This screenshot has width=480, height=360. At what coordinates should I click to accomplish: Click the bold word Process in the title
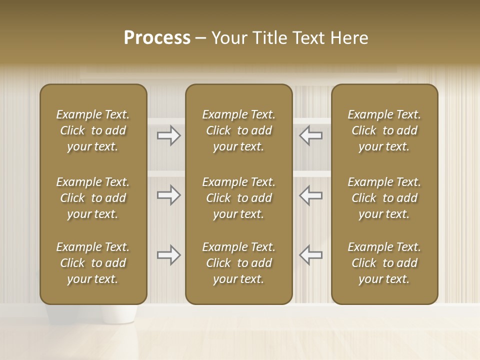[x=157, y=37]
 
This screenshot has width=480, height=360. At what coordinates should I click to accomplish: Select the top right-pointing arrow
[x=169, y=135]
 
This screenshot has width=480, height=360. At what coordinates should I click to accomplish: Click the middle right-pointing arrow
[x=169, y=195]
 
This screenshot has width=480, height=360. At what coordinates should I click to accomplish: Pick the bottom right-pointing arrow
[x=169, y=255]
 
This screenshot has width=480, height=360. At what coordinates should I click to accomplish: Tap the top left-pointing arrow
[x=310, y=135]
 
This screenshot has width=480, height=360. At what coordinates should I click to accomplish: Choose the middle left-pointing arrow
[x=310, y=195]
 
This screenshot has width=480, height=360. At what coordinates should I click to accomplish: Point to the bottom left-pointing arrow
[x=310, y=255]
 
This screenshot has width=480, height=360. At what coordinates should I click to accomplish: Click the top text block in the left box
[x=93, y=130]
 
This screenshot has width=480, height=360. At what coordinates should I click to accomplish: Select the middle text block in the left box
[x=93, y=198]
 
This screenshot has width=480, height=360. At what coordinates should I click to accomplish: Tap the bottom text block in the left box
[x=93, y=263]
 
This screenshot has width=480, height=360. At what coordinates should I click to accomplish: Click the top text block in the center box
[x=238, y=130]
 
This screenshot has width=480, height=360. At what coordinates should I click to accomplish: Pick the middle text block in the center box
[x=238, y=198]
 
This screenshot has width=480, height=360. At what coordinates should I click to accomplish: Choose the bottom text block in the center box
[x=238, y=263]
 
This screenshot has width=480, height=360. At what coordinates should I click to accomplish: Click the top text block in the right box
[x=384, y=130]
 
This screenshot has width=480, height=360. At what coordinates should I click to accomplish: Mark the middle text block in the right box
[x=384, y=198]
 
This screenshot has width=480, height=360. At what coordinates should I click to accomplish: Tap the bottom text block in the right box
[x=384, y=263]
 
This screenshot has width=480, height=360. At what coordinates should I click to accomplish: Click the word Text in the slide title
[x=308, y=37]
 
